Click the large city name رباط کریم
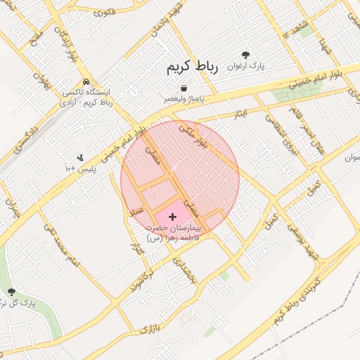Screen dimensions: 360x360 coord(192,67)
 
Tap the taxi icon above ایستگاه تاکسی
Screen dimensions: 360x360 coord(85,81)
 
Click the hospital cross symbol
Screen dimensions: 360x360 coord(173,217)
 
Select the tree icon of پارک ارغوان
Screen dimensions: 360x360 coord(245,54)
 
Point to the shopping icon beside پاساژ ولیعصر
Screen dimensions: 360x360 coord(184,88)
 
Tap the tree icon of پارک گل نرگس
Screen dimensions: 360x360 coord(11,291)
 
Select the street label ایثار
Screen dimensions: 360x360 coord(240,112)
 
